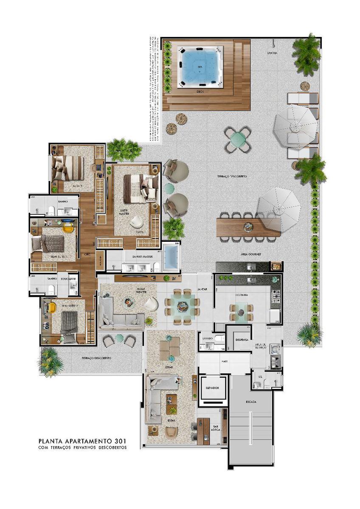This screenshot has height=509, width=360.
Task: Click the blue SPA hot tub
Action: [200, 66]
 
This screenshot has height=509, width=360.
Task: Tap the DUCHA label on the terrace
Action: [273, 53]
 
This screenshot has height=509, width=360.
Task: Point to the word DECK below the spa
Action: [200, 92]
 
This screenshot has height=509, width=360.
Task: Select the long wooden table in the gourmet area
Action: [248, 227]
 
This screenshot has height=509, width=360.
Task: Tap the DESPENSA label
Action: [240, 340]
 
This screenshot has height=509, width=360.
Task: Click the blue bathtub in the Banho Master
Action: [172, 257]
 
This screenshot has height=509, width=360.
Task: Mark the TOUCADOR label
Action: [68, 279]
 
